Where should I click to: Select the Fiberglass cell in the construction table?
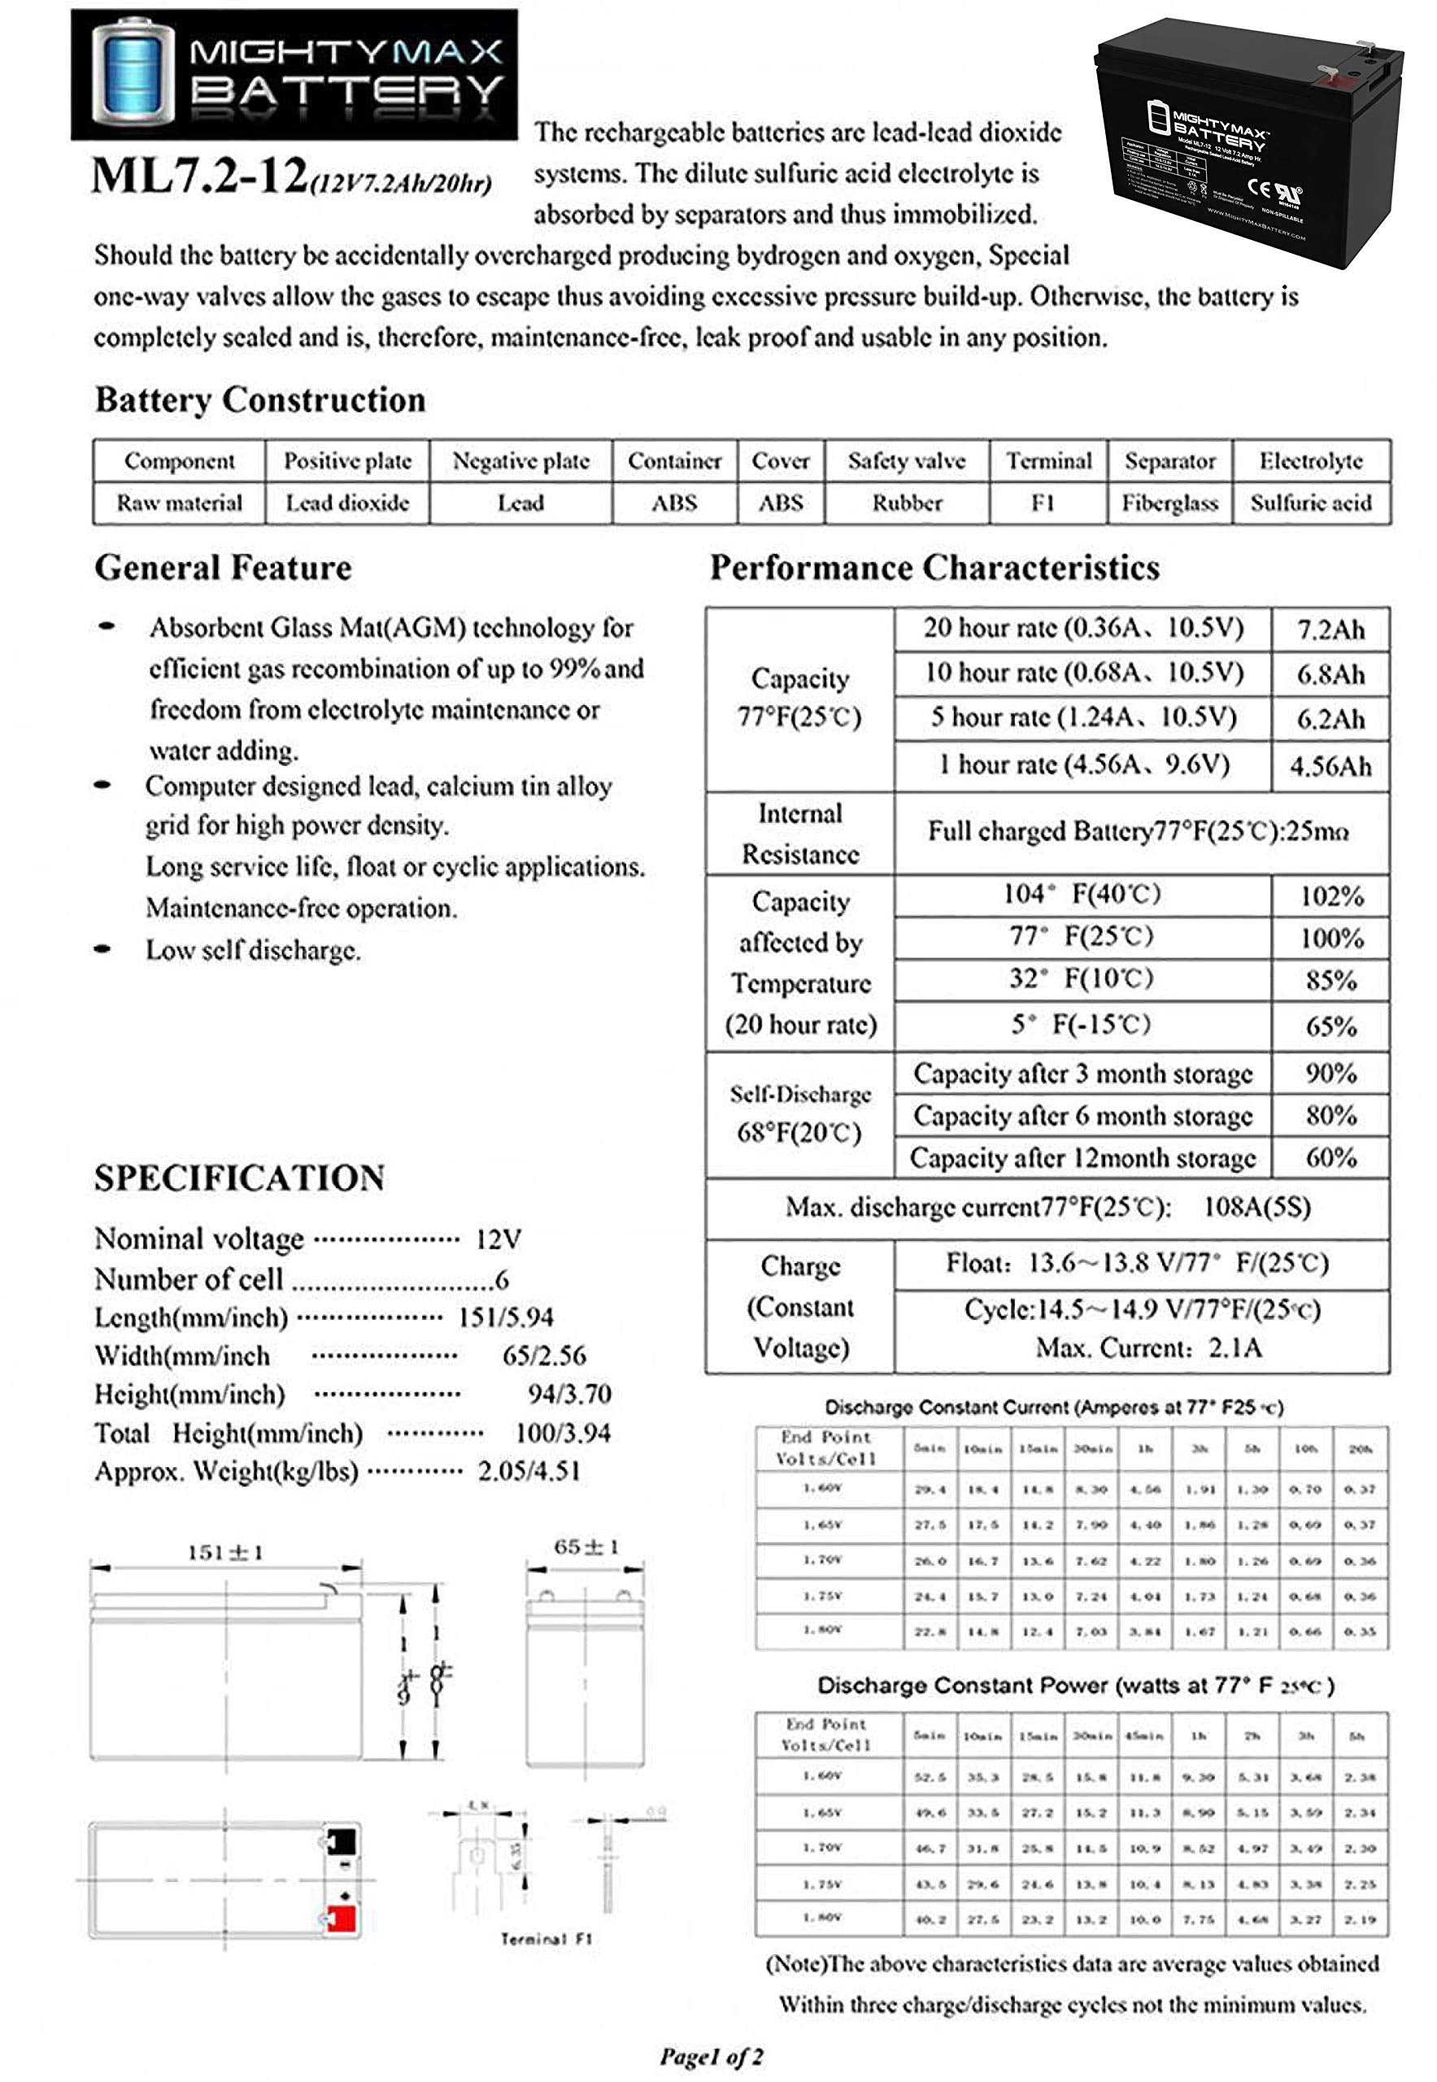1169,503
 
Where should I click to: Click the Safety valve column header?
906,461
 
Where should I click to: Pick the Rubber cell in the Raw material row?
906,503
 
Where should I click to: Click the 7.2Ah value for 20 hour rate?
1330,629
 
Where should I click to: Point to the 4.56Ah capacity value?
1330,766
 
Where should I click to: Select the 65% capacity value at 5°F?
1330,1026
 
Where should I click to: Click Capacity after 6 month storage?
1082,1116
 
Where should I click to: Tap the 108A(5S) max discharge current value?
1257,1207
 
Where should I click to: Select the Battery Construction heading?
260,399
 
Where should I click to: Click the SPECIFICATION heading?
239,1178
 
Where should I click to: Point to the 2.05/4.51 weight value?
529,1471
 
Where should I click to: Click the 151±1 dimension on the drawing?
225,1552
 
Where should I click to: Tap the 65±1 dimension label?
586,1547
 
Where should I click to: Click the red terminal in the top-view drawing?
340,1919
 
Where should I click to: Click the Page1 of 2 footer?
712,2056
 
